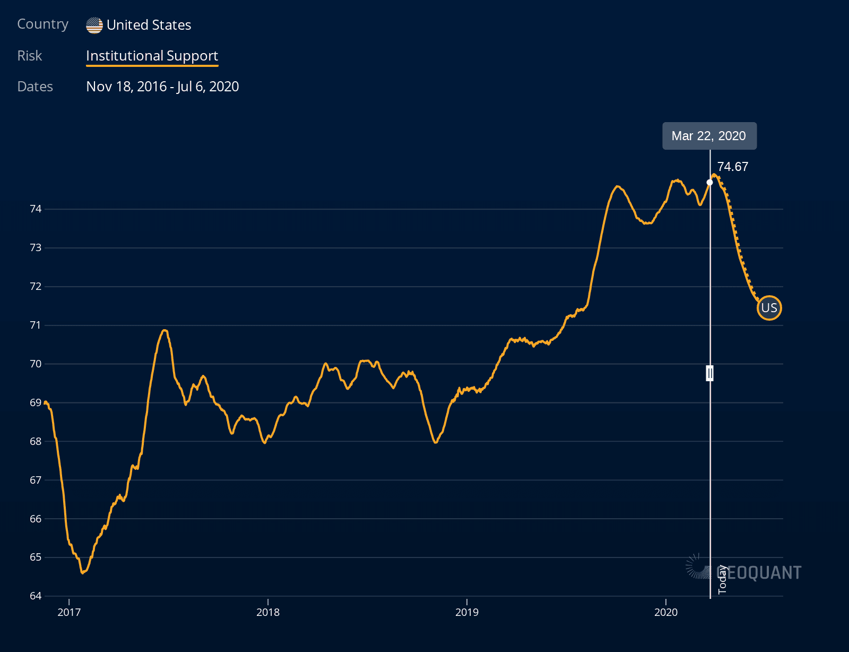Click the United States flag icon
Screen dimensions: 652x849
(x=94, y=25)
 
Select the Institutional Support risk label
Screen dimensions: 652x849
(x=152, y=56)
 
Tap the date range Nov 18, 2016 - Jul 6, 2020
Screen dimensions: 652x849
(x=162, y=87)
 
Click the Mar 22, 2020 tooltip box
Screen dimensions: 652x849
(x=709, y=136)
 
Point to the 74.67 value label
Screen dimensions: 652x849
(x=732, y=167)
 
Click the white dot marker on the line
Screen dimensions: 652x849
(x=710, y=182)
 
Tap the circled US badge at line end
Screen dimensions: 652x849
(x=769, y=308)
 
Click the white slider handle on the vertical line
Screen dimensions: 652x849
(x=710, y=373)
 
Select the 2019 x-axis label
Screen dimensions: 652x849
(x=467, y=612)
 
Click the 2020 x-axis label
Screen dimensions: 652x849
(x=666, y=612)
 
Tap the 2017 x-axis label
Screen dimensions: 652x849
(x=69, y=612)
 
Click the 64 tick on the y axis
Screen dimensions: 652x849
(x=36, y=596)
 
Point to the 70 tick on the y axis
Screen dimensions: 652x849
(x=36, y=364)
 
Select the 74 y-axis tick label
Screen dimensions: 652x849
(x=36, y=209)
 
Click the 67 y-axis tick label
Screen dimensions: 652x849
(x=36, y=480)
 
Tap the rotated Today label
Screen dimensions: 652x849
(x=722, y=579)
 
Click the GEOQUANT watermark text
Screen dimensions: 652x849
(x=759, y=572)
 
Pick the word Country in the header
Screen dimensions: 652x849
(x=43, y=24)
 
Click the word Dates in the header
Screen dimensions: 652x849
(x=35, y=87)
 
